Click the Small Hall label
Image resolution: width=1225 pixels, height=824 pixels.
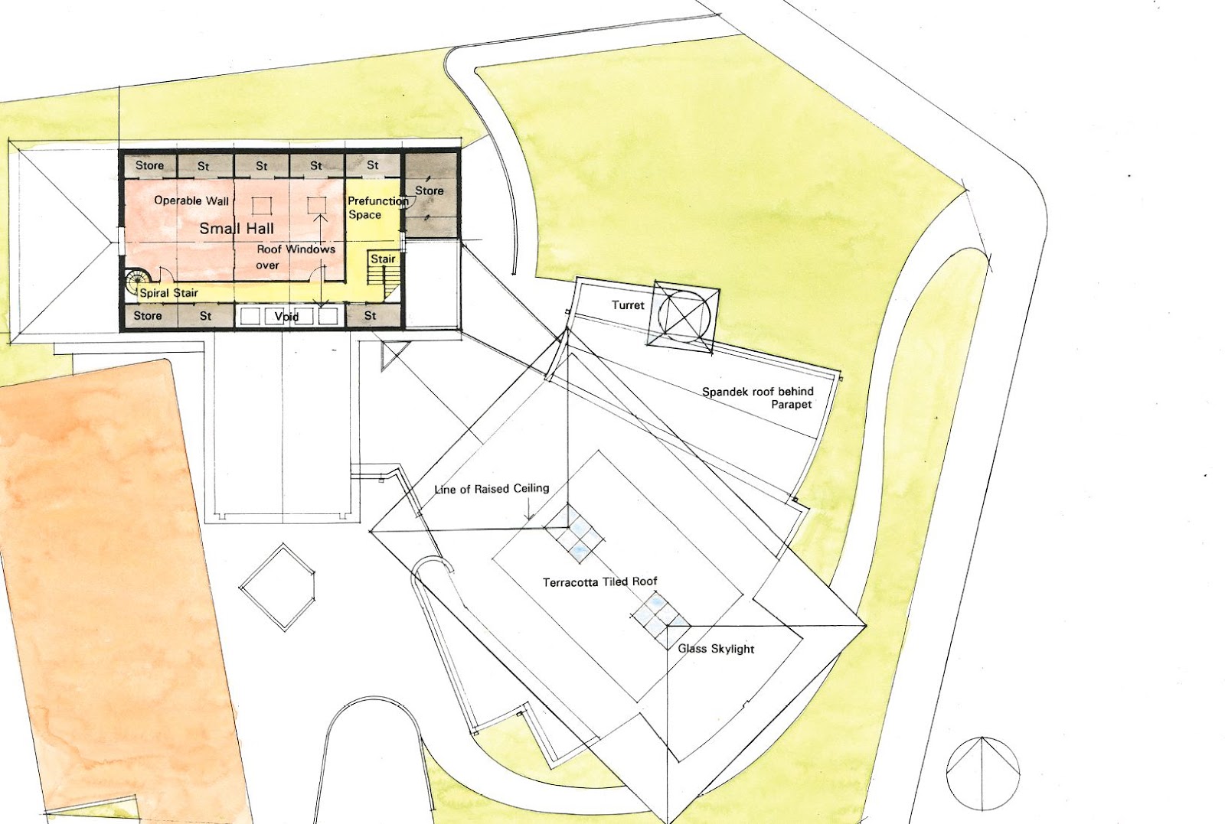tap(237, 228)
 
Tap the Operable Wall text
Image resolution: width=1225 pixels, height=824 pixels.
tap(191, 200)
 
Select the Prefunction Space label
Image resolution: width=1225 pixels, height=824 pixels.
tap(376, 207)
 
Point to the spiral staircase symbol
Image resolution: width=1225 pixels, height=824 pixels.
tap(137, 280)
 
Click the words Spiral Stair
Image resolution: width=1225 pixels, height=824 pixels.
tap(169, 293)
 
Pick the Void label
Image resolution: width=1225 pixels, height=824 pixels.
tap(286, 316)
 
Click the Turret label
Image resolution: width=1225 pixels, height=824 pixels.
tap(628, 305)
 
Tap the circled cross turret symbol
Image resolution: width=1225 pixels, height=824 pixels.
tap(684, 315)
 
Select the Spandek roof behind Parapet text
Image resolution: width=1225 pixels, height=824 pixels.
tap(758, 397)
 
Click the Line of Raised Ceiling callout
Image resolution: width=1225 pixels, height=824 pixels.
tap(492, 489)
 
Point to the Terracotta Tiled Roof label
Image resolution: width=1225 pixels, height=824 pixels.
tap(600, 582)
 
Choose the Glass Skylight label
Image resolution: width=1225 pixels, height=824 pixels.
tap(716, 649)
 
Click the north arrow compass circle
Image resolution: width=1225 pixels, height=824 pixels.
tap(983, 773)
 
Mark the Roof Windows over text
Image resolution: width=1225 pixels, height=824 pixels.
tap(295, 257)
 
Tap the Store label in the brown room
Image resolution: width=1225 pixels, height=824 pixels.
tap(430, 191)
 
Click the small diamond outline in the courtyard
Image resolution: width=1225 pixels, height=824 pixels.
tap(278, 587)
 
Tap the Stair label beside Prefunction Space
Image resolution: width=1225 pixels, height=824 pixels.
tap(383, 259)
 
